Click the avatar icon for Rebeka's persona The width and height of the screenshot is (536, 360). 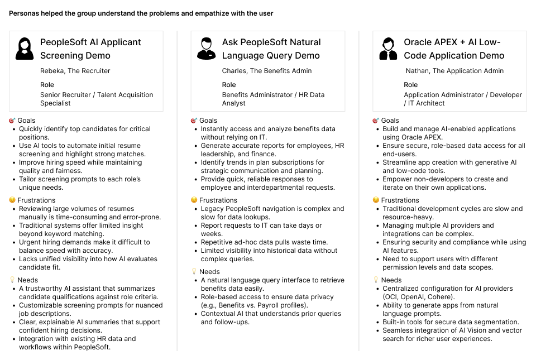[x=23, y=49]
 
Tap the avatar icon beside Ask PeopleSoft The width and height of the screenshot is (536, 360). [x=206, y=49]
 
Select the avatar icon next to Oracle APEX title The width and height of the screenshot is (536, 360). [x=388, y=49]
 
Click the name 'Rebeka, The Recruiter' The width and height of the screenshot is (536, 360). [x=75, y=71]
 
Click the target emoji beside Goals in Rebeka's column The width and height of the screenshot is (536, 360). [x=12, y=121]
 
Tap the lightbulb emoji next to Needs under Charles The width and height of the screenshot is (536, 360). [x=194, y=272]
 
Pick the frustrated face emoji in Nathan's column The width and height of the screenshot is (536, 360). [x=376, y=200]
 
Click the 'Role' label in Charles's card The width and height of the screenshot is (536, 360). [x=229, y=85]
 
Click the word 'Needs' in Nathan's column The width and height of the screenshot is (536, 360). [x=391, y=280]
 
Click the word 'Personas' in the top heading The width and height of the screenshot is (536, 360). [x=23, y=13]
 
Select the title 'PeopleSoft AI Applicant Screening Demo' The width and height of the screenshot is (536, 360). [x=90, y=49]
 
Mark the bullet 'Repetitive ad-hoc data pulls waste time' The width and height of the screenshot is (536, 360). [x=265, y=242]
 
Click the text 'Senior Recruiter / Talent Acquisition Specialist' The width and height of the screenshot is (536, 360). [x=97, y=99]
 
